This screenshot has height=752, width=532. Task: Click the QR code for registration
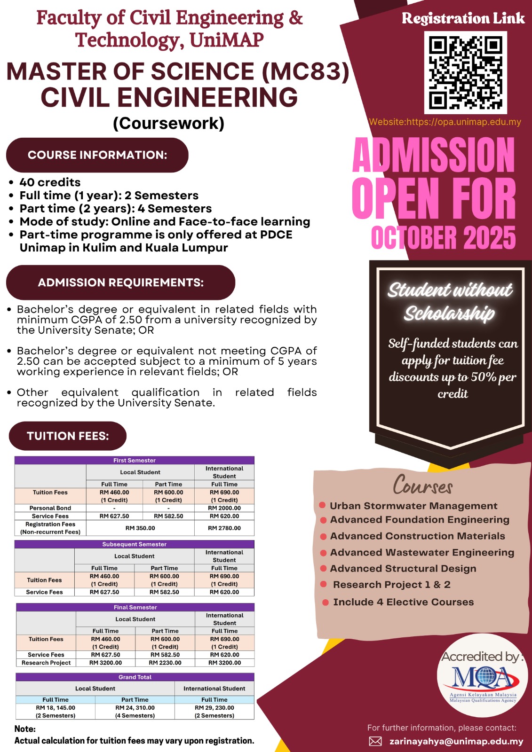point(465,72)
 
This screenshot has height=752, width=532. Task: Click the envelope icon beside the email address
point(375,741)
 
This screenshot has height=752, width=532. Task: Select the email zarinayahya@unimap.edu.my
point(456,741)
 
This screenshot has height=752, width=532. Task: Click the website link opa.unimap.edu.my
point(445,122)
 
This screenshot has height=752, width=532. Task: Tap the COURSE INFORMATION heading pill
point(97,155)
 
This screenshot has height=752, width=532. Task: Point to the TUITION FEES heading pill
point(68,436)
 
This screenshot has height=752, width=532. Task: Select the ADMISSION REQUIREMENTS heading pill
point(120,282)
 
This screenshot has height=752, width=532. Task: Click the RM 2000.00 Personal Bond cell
point(224,508)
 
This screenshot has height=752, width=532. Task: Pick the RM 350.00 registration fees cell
point(140,528)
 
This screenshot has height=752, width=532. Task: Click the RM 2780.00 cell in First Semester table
point(224,528)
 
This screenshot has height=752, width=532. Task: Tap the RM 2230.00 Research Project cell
point(165,663)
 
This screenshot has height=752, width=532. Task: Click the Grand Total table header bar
point(135,677)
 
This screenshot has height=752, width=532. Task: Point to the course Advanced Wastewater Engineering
point(422,553)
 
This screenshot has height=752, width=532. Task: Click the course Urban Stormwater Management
point(413,506)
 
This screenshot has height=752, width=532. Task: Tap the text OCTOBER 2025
point(443,238)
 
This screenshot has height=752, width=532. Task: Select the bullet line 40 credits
point(50,182)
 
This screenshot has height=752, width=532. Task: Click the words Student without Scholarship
point(450,301)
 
